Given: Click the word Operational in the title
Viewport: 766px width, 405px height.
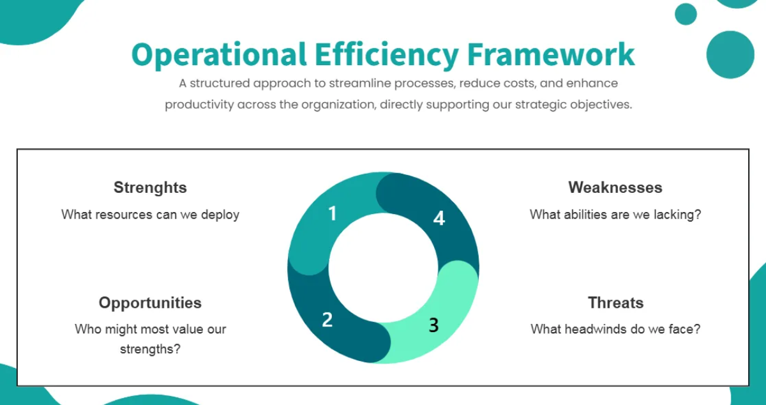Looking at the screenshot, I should pos(219,55).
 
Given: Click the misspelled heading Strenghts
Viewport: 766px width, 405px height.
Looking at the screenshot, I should pos(150,187).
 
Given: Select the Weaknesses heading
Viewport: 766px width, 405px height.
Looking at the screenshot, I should pos(615,187).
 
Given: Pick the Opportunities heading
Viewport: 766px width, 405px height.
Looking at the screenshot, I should pos(150,302).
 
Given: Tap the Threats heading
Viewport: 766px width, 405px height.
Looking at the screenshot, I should pos(615,302).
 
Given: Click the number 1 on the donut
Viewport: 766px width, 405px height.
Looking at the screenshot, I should pos(332,213).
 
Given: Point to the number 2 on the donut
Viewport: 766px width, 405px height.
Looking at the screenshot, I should pos(327,319).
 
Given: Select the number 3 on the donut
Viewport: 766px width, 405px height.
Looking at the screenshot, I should pos(433,325).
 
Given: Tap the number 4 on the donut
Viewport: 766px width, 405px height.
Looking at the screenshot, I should pos(439,218).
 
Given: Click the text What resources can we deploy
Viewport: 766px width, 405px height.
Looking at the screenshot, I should pos(150,215).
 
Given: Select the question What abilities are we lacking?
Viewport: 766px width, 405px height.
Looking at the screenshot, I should pos(615,215).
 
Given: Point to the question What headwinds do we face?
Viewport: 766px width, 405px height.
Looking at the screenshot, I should pos(615,330).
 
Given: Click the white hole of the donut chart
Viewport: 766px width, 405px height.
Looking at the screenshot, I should pos(383,268).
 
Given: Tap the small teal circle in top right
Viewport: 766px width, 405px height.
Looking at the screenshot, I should pos(686,14).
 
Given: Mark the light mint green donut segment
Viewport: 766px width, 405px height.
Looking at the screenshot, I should pos(447,307).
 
